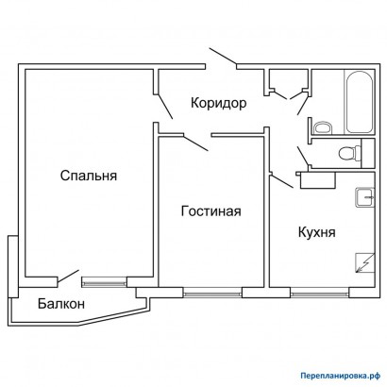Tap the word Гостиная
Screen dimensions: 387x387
[x=210, y=210]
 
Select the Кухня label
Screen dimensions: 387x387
[x=318, y=231]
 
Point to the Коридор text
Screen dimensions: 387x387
[x=218, y=103]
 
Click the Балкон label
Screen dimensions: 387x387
[x=61, y=304]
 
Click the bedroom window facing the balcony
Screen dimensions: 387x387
[x=105, y=279]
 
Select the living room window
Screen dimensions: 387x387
[x=212, y=290]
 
